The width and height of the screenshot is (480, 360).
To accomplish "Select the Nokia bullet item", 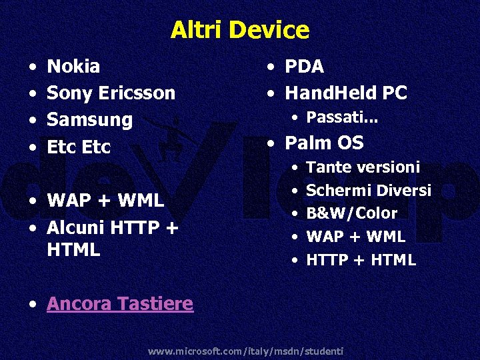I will point(73,67).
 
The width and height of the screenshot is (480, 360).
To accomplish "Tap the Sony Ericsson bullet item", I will point(111,93).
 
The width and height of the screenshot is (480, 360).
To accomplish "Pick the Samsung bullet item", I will point(89,121).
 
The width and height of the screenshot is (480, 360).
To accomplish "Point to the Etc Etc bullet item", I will point(79,147).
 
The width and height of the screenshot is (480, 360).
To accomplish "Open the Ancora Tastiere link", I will point(120,304).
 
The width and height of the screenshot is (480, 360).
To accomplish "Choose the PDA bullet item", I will point(304,67).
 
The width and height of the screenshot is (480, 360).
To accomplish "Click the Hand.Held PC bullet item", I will point(345,93).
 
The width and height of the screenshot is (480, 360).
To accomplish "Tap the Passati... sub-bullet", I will point(342,118).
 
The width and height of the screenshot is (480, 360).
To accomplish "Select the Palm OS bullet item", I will point(324,143).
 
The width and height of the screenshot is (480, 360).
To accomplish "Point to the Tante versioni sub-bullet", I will point(363,167).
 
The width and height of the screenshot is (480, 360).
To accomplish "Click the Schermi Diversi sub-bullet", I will point(368,191).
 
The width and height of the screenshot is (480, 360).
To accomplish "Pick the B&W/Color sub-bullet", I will point(351,213).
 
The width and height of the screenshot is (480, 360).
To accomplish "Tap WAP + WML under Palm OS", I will point(355,237).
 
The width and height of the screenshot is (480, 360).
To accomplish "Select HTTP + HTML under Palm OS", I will point(361,260).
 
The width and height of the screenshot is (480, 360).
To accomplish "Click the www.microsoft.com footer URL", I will point(245,351).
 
